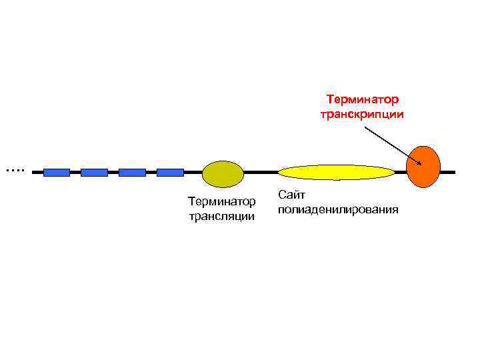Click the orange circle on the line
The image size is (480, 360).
click(423, 167)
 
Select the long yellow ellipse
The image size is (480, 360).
click(336, 173)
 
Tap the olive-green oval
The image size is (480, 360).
click(223, 173)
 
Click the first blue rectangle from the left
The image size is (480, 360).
click(56, 173)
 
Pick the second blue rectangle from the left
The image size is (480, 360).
click(94, 173)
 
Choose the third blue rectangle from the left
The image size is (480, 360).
click(132, 173)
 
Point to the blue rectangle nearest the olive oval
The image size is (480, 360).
click(170, 173)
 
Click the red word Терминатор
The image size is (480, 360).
click(362, 100)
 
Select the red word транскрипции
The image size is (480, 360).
click(362, 114)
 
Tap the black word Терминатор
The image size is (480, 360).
click(221, 201)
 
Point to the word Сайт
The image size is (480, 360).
click(291, 195)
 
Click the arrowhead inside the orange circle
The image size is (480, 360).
click(419, 163)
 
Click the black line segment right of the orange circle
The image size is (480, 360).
click(448, 172)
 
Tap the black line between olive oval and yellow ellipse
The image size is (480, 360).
click(260, 173)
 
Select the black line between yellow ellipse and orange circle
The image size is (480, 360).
click(401, 173)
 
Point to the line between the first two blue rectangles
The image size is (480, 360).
click(75, 173)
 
